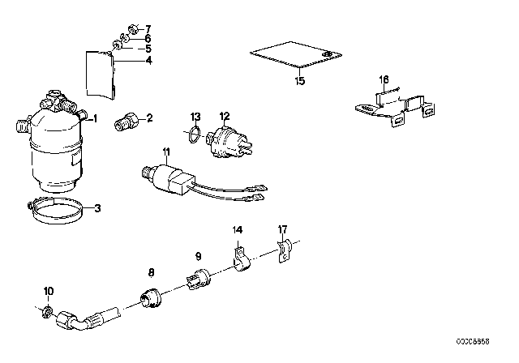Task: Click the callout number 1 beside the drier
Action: coord(95,119)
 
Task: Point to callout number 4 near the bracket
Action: coord(148,59)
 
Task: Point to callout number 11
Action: coord(165,152)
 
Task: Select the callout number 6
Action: coord(148,38)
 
